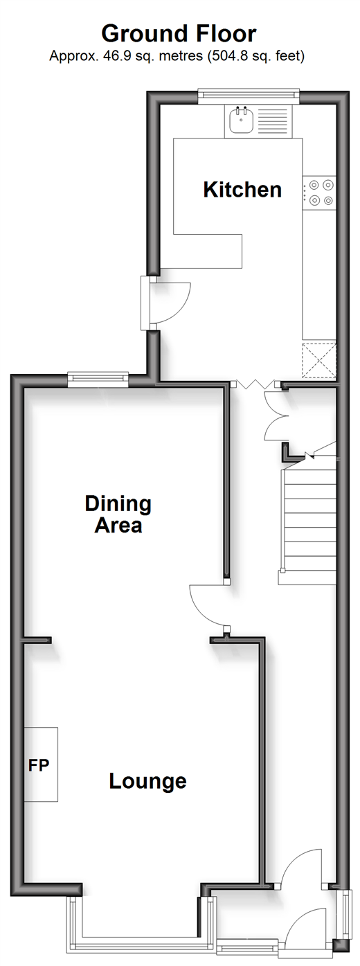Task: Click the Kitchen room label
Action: pos(242,190)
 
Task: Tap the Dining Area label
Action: pos(118,514)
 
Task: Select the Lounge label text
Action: pos(147,781)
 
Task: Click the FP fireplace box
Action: pos(41,764)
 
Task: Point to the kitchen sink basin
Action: pos(240,120)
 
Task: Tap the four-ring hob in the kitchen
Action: pos(319,193)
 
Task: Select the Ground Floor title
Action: pos(179,33)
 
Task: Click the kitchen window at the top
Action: pos(249,96)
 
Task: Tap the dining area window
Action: pos(98,380)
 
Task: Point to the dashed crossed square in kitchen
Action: pos(319,361)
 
